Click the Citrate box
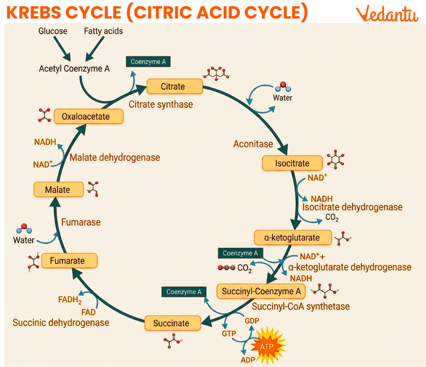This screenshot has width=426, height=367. (x=173, y=87)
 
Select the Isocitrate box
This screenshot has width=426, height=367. (x=292, y=163)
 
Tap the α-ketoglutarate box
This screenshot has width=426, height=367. (x=292, y=237)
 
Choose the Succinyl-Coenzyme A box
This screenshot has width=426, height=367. (x=261, y=291)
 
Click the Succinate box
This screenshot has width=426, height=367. (x=171, y=323)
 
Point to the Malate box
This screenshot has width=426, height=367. (x=58, y=189)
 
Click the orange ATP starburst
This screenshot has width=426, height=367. (x=267, y=347)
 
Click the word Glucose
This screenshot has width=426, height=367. (x=53, y=31)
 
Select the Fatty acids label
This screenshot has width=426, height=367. (x=103, y=31)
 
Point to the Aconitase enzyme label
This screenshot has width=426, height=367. (x=253, y=144)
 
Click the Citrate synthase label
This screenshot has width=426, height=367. (x=161, y=104)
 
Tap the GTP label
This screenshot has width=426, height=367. (x=229, y=334)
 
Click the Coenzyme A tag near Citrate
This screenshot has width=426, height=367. (x=148, y=61)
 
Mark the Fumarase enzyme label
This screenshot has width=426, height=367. (x=81, y=222)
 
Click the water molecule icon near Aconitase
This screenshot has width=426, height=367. (x=282, y=87)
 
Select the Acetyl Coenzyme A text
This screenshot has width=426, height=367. (x=74, y=69)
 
